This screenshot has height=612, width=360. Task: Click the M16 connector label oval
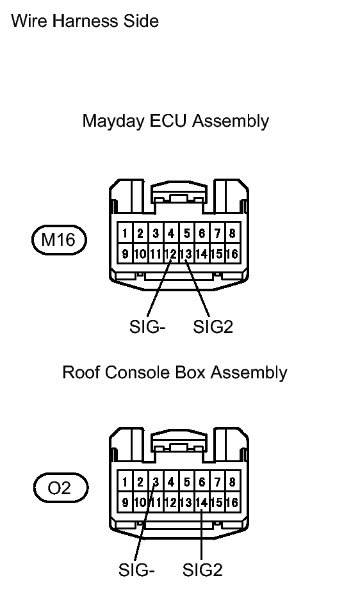(x=59, y=239)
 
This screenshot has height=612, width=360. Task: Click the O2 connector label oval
(x=61, y=488)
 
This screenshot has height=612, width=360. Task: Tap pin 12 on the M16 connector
(x=171, y=254)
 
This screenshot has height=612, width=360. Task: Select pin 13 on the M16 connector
(x=186, y=254)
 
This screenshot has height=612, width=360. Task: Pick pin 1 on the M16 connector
(x=125, y=234)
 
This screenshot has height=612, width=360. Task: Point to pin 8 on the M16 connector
(x=233, y=234)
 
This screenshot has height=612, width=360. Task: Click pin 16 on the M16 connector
(x=233, y=254)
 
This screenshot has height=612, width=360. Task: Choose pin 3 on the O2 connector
(x=156, y=482)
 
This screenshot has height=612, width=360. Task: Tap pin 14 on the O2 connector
(x=202, y=503)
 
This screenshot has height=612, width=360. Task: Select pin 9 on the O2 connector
(x=125, y=503)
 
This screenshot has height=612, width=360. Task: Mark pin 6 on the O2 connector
(x=202, y=482)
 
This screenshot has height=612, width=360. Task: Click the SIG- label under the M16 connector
(x=147, y=326)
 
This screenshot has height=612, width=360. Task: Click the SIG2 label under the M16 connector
(x=213, y=326)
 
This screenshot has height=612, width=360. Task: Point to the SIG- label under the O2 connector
(x=137, y=570)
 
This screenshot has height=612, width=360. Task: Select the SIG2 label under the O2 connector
(x=202, y=570)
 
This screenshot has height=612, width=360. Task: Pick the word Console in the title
(x=136, y=373)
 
